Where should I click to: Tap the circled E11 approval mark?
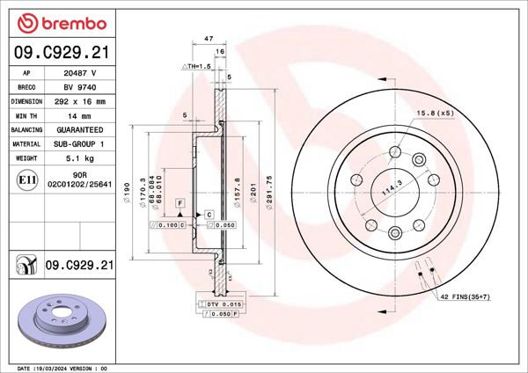pos(26,180)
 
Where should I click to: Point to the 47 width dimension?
pos(209,40)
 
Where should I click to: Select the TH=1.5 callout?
pos(197,66)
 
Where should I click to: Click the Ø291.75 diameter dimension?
pos(278,188)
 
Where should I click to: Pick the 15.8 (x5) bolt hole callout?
pos(434,113)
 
